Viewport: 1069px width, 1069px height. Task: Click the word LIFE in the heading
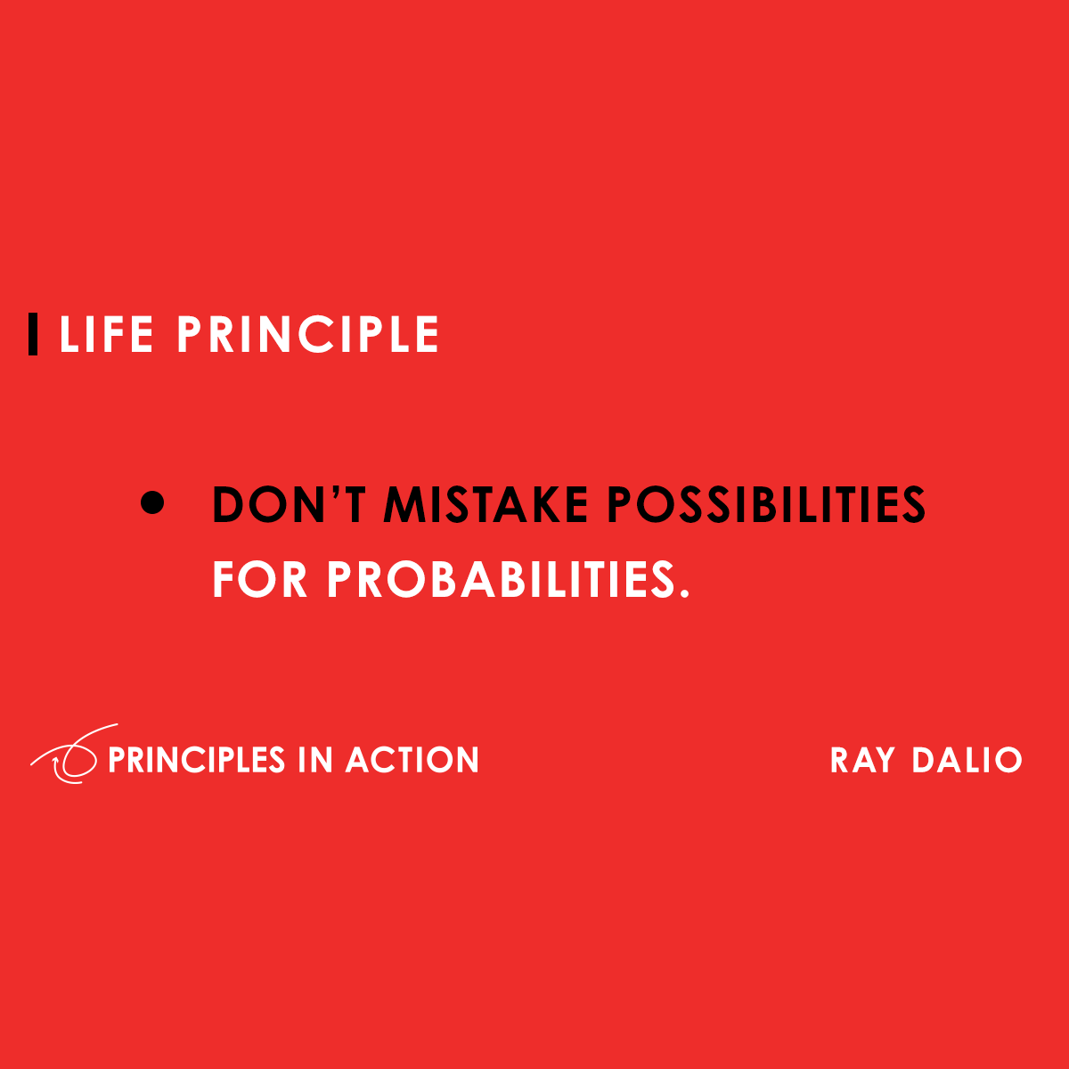(x=106, y=335)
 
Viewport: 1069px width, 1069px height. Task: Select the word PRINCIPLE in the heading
(x=307, y=335)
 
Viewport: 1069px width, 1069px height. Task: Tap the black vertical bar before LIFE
(x=33, y=334)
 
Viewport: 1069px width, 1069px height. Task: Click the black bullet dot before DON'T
(x=153, y=503)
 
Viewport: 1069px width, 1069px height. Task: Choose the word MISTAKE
(x=486, y=505)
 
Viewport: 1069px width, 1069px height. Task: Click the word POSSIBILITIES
(x=766, y=505)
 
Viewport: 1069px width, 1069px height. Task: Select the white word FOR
(x=259, y=580)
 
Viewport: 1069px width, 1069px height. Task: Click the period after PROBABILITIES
(x=684, y=594)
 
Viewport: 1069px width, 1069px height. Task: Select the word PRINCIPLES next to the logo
(x=196, y=760)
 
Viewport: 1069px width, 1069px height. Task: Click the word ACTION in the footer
(x=412, y=760)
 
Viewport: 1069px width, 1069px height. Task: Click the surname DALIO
(x=967, y=760)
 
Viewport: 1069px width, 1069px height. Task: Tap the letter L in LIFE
(x=68, y=335)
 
